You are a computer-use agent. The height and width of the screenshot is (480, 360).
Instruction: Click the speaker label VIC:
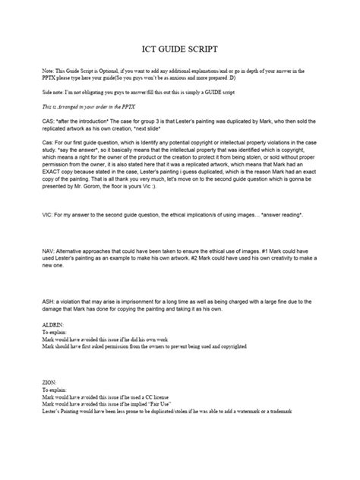[49, 194]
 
